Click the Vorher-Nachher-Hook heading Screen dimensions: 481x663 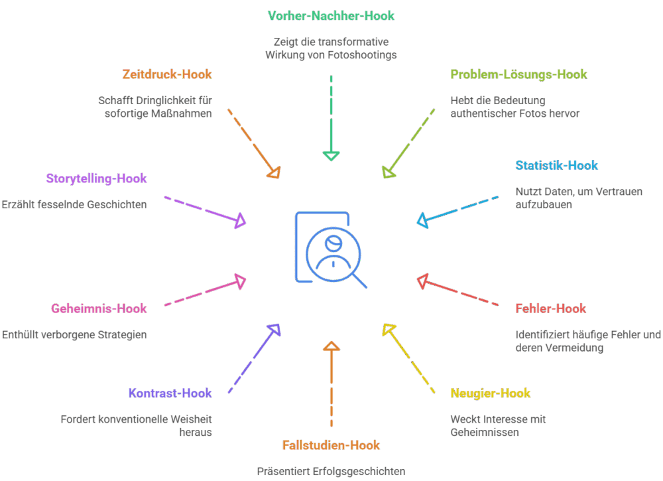[331, 16]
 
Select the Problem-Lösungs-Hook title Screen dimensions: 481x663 [518, 74]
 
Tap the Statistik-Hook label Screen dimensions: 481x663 [556, 165]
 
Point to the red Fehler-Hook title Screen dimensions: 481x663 [550, 309]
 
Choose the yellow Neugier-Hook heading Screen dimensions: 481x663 [490, 393]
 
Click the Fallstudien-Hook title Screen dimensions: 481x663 [331, 445]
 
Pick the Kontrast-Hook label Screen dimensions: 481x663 [170, 393]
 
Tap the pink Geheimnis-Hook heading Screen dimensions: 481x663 [99, 309]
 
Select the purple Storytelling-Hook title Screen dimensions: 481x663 [96, 178]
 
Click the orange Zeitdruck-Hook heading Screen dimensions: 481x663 [167, 74]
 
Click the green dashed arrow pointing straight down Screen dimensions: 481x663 [331, 119]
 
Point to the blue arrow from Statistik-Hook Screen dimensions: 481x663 [457, 210]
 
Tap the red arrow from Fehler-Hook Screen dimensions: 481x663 [457, 292]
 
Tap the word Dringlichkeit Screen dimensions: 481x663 [162, 101]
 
